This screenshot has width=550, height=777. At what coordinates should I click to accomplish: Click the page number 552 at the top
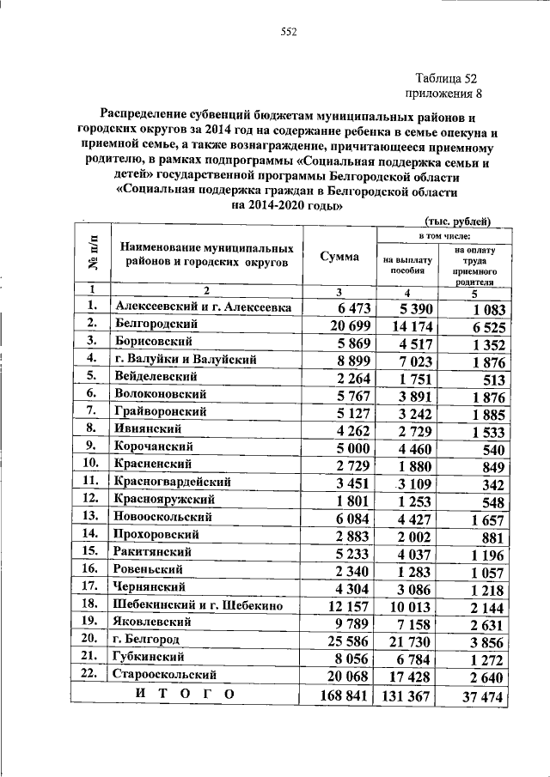[x=288, y=33]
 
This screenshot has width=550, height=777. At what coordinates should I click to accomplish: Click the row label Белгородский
[x=156, y=324]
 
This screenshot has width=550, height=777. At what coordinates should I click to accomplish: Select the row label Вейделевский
[x=156, y=376]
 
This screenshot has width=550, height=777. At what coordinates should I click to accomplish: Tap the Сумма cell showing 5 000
[x=353, y=446]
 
